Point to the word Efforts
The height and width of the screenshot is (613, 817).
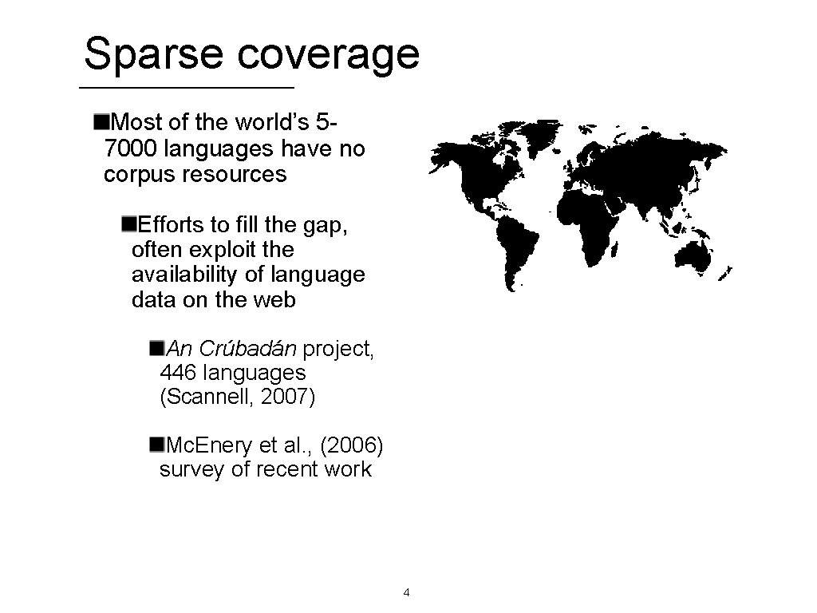(x=171, y=225)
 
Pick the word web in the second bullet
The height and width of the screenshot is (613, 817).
(x=276, y=300)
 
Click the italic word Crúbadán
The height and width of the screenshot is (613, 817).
(x=248, y=349)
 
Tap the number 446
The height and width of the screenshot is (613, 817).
(x=179, y=373)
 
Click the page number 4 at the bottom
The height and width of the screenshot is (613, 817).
(x=407, y=593)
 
